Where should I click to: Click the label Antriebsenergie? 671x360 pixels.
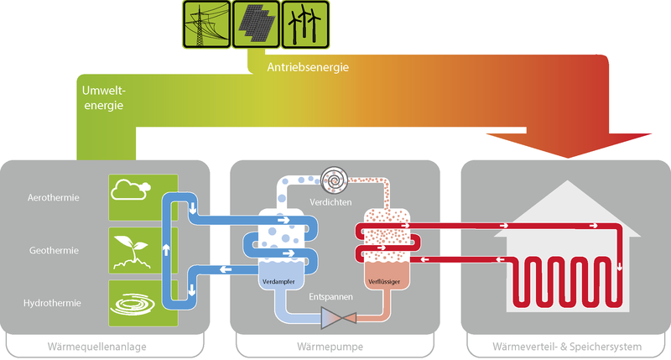click(x=308, y=66)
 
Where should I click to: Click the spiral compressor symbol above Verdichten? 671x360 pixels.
click(x=335, y=180)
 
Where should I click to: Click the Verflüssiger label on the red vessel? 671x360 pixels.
click(x=385, y=281)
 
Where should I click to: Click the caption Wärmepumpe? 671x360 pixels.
click(x=335, y=346)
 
